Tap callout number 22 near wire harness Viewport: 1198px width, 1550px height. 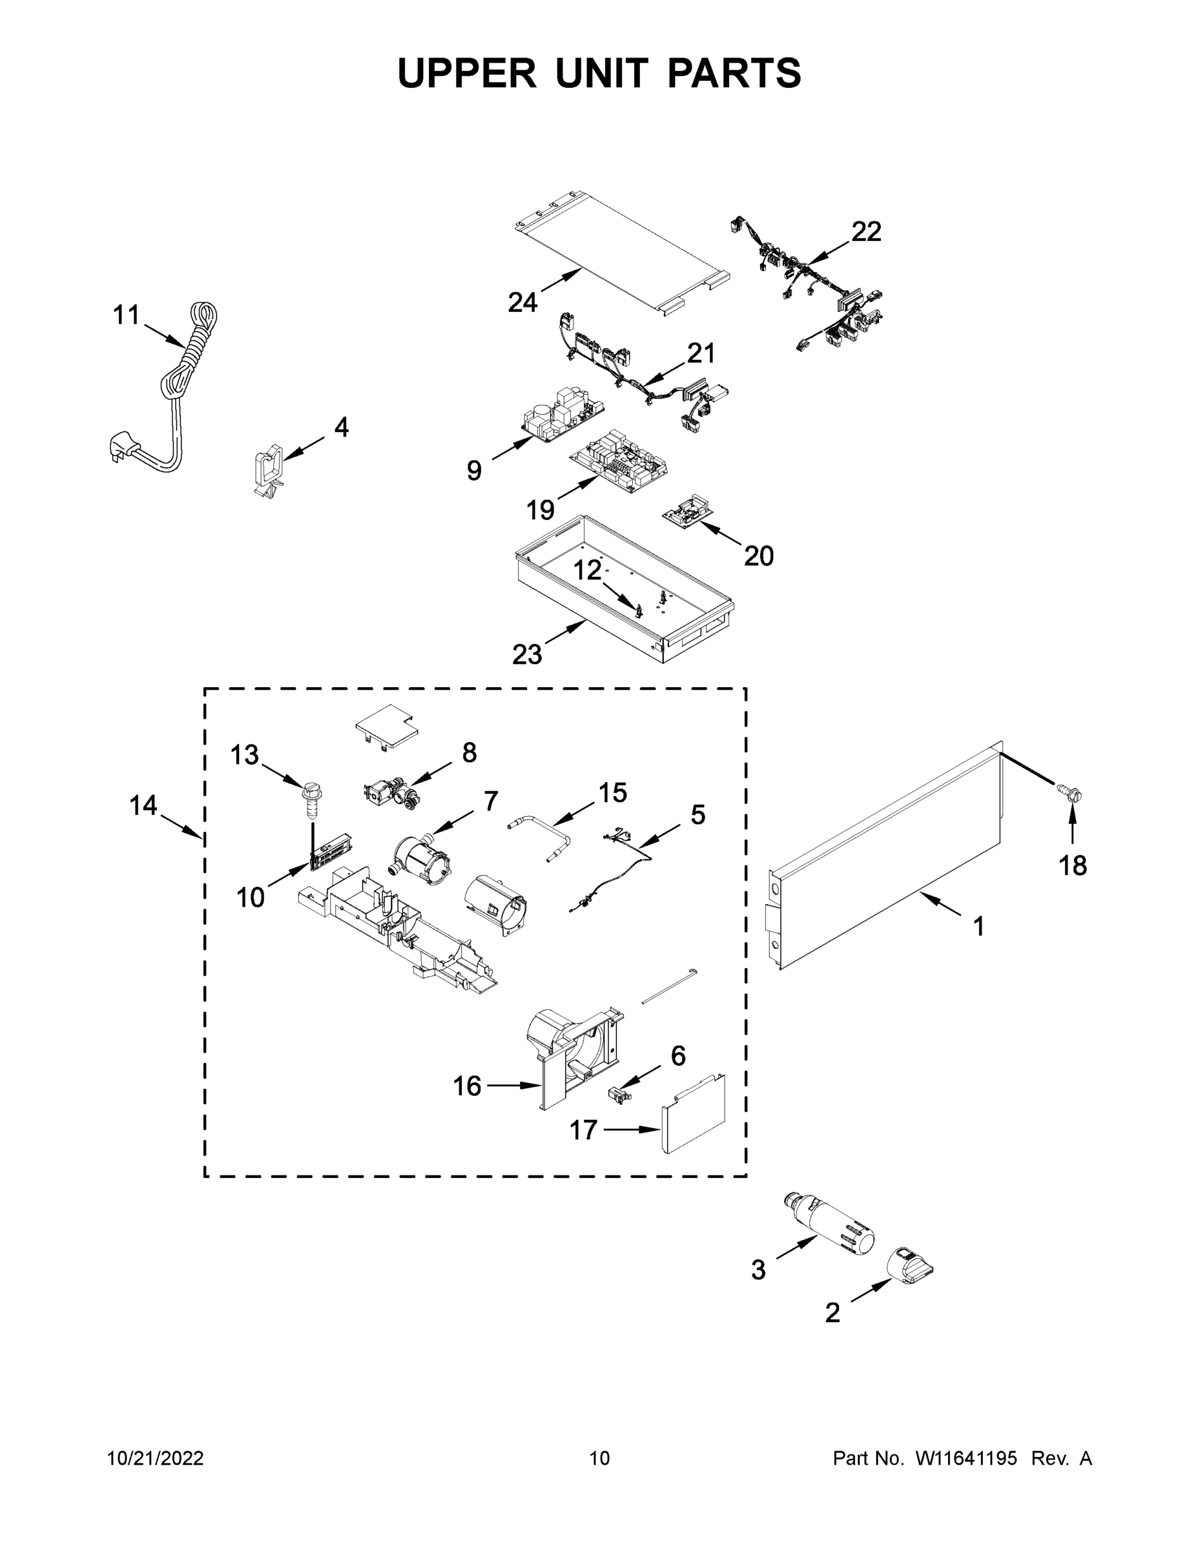[866, 231]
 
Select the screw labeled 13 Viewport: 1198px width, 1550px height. [311, 800]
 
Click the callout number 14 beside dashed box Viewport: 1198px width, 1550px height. [143, 805]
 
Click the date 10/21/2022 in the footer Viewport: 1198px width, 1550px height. [155, 1458]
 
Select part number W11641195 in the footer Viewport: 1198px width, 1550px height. [966, 1458]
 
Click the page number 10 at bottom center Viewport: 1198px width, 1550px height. [599, 1458]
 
